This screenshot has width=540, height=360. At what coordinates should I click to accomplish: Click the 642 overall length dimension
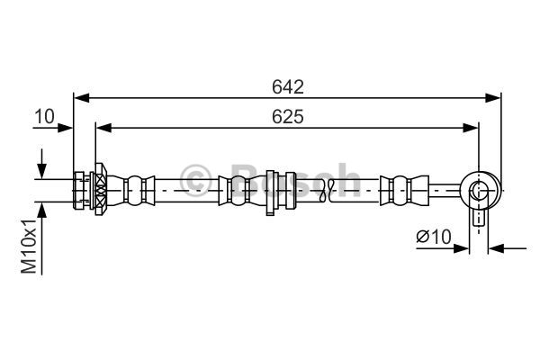pyautogui.click(x=287, y=87)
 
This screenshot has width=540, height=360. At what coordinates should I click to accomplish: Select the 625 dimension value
pyautogui.click(x=287, y=116)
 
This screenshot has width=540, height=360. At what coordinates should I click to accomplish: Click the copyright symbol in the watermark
pyautogui.click(x=195, y=177)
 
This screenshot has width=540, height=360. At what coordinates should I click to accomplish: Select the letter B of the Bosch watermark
pyautogui.click(x=245, y=177)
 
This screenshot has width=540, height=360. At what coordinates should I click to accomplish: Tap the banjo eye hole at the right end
pyautogui.click(x=479, y=190)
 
